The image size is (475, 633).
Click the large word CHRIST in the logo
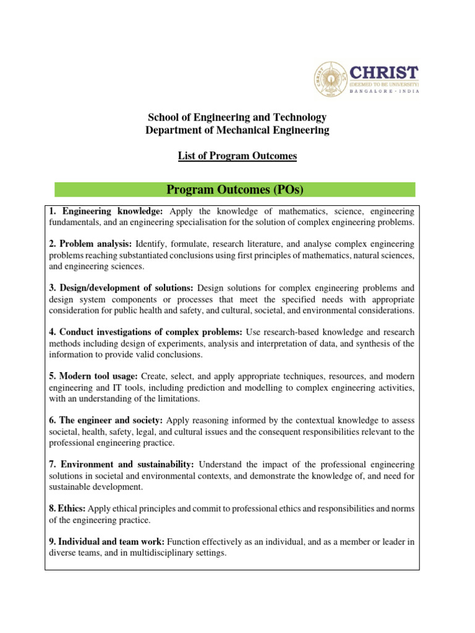click(x=384, y=72)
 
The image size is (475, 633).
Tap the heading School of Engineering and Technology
click(x=237, y=117)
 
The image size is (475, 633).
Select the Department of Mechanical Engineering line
click(x=237, y=130)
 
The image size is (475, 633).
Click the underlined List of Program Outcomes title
click(x=237, y=156)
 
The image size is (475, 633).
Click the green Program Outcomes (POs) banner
click(x=235, y=189)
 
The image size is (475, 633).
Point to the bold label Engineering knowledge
click(x=111, y=211)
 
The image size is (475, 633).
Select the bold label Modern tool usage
click(x=98, y=376)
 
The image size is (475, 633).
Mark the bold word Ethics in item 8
click(x=72, y=508)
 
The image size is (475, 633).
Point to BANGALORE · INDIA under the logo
click(x=384, y=91)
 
